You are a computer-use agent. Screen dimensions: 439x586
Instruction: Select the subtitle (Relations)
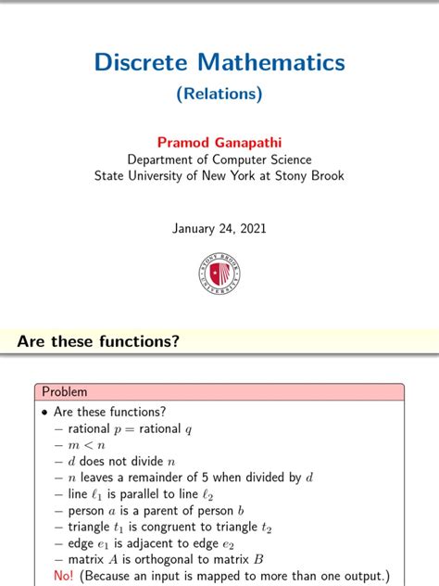click(x=219, y=94)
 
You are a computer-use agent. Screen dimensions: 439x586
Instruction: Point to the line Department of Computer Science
click(x=219, y=159)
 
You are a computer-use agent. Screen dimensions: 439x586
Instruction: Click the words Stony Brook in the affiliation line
click(x=304, y=175)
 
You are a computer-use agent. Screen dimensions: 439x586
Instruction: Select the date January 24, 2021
click(x=219, y=228)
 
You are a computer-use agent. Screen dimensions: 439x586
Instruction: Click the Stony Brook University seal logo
click(x=219, y=274)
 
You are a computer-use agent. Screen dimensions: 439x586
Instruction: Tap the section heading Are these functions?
click(x=98, y=342)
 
